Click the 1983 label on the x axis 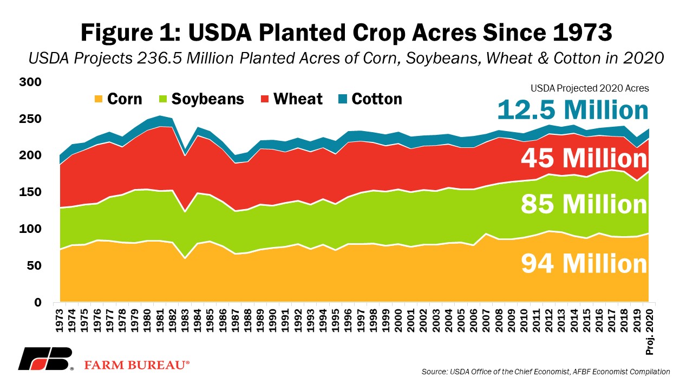click(185, 321)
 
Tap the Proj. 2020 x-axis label click(650, 332)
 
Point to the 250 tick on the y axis click(30, 119)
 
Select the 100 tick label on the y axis click(30, 229)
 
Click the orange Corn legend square click(99, 99)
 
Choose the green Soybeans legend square click(163, 99)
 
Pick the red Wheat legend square click(265, 99)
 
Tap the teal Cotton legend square click(343, 99)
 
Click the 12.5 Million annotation click(573, 110)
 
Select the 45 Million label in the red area click(584, 158)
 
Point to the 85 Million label click(584, 205)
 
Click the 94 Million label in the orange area click(584, 263)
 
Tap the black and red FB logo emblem click(45, 359)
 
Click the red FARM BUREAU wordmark click(137, 365)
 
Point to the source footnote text click(546, 372)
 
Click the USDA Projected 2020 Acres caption click(590, 88)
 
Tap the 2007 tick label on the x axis click(486, 321)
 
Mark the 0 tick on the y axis click(38, 302)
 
